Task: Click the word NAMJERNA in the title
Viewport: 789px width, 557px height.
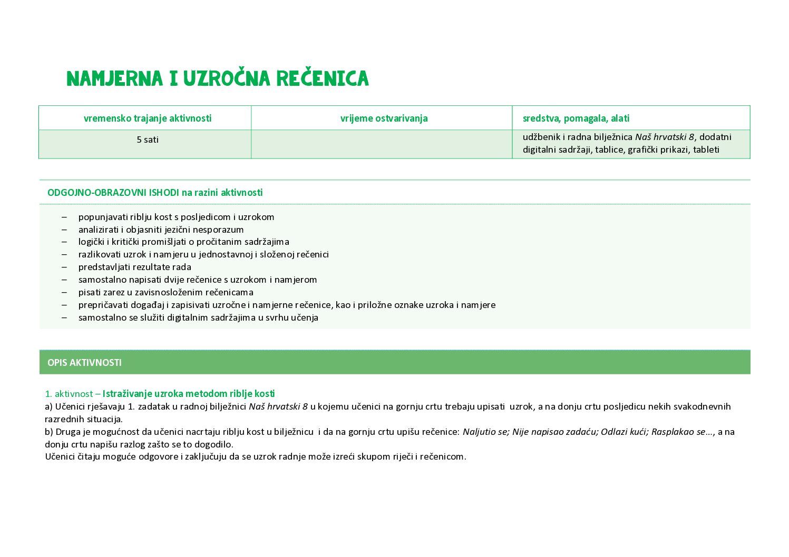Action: (115, 78)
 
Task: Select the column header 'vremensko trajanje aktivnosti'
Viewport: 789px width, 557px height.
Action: (148, 118)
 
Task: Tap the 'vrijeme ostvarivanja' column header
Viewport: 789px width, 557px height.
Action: (384, 118)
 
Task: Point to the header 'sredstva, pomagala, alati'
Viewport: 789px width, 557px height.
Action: (576, 118)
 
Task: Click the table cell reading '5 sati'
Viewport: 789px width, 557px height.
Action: (148, 140)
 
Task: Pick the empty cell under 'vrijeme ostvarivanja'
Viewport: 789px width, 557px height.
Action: (382, 144)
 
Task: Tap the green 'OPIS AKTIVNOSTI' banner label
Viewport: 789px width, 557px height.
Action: (84, 363)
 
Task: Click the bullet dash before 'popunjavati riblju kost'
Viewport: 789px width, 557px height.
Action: (64, 217)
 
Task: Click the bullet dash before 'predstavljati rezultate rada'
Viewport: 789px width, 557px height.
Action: (64, 267)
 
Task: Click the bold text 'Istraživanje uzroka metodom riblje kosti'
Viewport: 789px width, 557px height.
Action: (189, 394)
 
